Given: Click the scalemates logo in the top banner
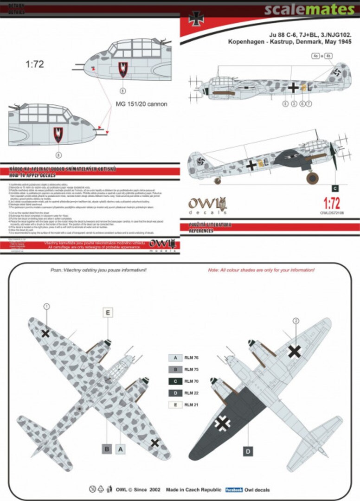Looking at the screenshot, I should pos(310,9).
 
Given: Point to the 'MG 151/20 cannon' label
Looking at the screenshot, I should pos(141,104).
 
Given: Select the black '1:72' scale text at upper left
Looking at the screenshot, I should pos(34,64).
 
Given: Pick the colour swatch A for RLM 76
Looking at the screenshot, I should pos(175,358).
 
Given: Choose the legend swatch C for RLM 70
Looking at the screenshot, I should pos(175,381).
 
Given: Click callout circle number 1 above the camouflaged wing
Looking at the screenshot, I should pos(46,307).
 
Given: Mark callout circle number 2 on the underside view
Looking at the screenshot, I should pos(296,321).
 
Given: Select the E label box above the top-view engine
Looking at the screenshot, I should pos(108,313).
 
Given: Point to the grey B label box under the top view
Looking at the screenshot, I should pos(107,449).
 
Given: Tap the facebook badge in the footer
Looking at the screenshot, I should pos(234,490).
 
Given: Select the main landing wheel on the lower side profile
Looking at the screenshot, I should pos(313,178).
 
